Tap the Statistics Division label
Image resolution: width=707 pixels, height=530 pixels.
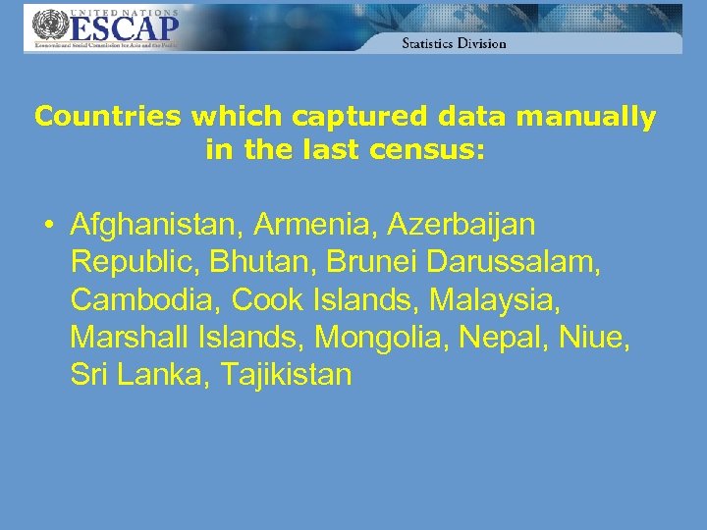(454, 43)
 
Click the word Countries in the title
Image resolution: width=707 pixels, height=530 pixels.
(108, 118)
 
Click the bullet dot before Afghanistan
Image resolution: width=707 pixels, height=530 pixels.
(47, 226)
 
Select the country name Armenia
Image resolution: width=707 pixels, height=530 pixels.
(315, 225)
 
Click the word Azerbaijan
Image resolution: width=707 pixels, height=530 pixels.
(462, 225)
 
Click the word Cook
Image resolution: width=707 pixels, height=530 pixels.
(265, 299)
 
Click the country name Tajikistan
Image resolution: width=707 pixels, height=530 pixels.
(286, 375)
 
